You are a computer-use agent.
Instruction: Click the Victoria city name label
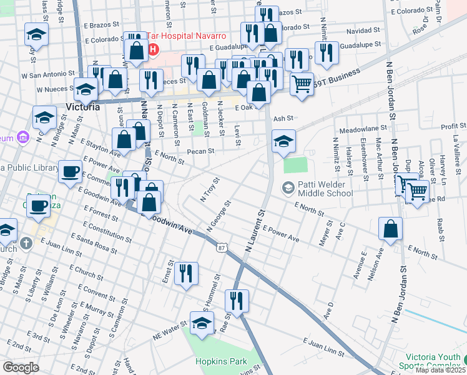(82, 107)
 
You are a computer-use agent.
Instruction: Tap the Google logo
(20, 367)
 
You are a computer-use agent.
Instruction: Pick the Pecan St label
(203, 151)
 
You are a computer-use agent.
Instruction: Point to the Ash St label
(283, 117)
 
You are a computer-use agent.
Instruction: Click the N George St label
(219, 216)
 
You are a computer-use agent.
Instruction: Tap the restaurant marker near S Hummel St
(237, 301)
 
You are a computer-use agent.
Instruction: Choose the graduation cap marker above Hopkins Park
(202, 324)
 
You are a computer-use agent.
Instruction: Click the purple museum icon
(23, 137)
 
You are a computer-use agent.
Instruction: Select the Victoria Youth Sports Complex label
(433, 362)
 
